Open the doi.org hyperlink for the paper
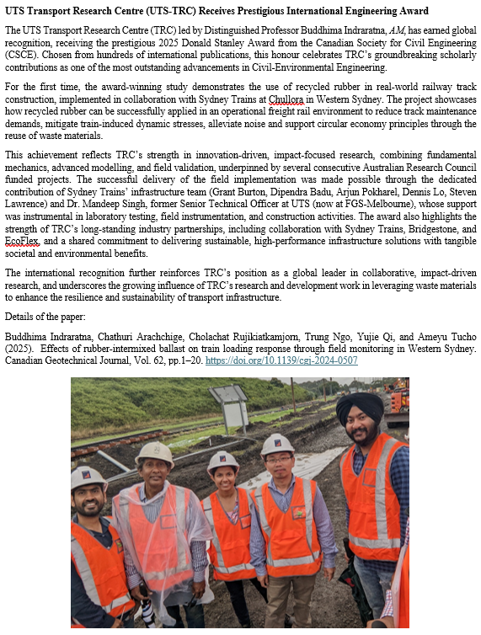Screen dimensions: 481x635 click(x=293, y=360)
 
